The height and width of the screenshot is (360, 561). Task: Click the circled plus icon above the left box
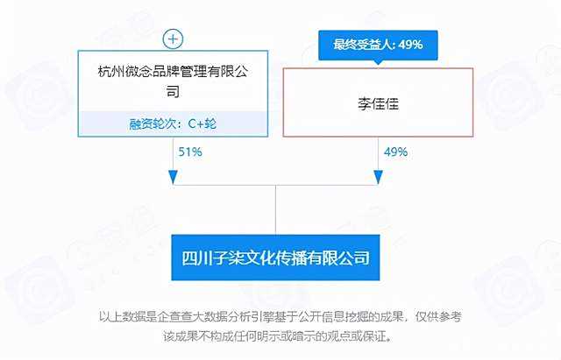pos(174,39)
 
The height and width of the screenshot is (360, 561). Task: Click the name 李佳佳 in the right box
pos(378,103)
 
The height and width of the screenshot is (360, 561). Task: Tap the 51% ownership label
pos(190,152)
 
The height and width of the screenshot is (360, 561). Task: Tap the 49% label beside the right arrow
pos(395,152)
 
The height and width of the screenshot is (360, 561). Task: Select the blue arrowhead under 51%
pos(174,177)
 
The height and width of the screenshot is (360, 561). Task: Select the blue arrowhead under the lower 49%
pos(378,177)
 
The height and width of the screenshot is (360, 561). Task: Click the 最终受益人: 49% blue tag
pos(378,45)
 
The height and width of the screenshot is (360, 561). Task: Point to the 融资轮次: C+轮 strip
pos(173,124)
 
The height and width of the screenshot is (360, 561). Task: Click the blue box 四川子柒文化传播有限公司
pos(275,258)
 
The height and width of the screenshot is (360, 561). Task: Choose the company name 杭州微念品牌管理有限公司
pos(173,81)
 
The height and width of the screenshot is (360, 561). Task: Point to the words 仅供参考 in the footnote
pos(438,316)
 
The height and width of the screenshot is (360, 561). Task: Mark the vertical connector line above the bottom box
pos(275,210)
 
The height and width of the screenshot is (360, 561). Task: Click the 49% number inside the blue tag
pos(410,45)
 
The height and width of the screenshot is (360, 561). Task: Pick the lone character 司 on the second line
pos(173,91)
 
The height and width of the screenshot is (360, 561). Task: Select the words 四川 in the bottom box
pos(197,258)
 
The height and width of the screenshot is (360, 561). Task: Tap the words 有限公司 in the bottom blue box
pos(338,258)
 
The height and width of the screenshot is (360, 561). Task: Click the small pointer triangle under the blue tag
pos(378,63)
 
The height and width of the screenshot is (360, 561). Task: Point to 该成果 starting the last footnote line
pos(181,336)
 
